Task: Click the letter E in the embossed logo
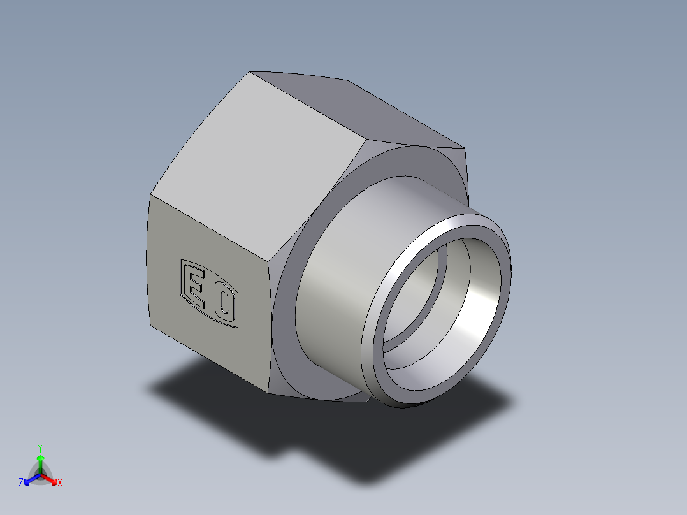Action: pyautogui.click(x=196, y=291)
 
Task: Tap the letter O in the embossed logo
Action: pyautogui.click(x=222, y=305)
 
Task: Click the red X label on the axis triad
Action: pyautogui.click(x=60, y=483)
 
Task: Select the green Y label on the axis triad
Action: pyautogui.click(x=40, y=447)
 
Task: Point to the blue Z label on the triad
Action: pyautogui.click(x=21, y=483)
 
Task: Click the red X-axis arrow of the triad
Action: pyautogui.click(x=51, y=479)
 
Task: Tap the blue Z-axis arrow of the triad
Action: pyautogui.click(x=30, y=479)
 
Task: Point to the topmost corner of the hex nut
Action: pyautogui.click(x=250, y=72)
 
